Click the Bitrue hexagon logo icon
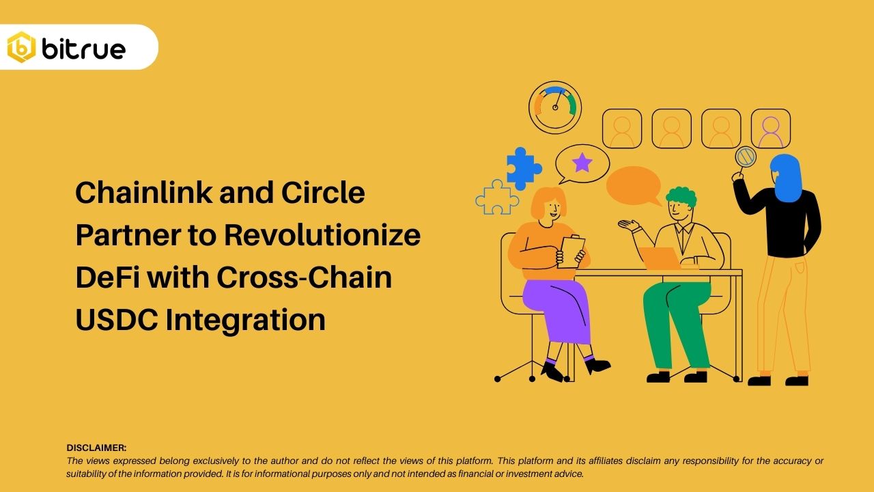pos(21,47)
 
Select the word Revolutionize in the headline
pos(322,235)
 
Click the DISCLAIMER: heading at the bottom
pos(96,448)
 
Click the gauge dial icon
pos(555,107)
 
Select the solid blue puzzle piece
pos(522,167)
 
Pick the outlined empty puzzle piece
pos(496,197)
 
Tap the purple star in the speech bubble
pos(582,163)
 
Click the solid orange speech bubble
pos(634,184)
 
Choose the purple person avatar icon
pos(771,129)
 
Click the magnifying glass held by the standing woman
pos(745,158)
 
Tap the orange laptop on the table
pos(661,258)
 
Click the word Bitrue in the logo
pos(83,49)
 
